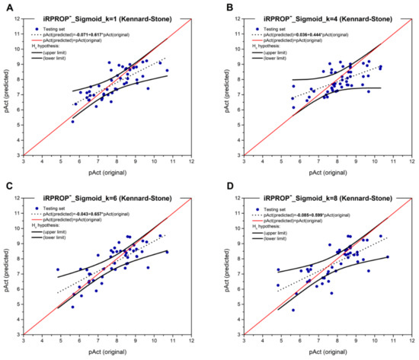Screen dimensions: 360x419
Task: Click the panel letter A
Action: click(5, 6)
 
